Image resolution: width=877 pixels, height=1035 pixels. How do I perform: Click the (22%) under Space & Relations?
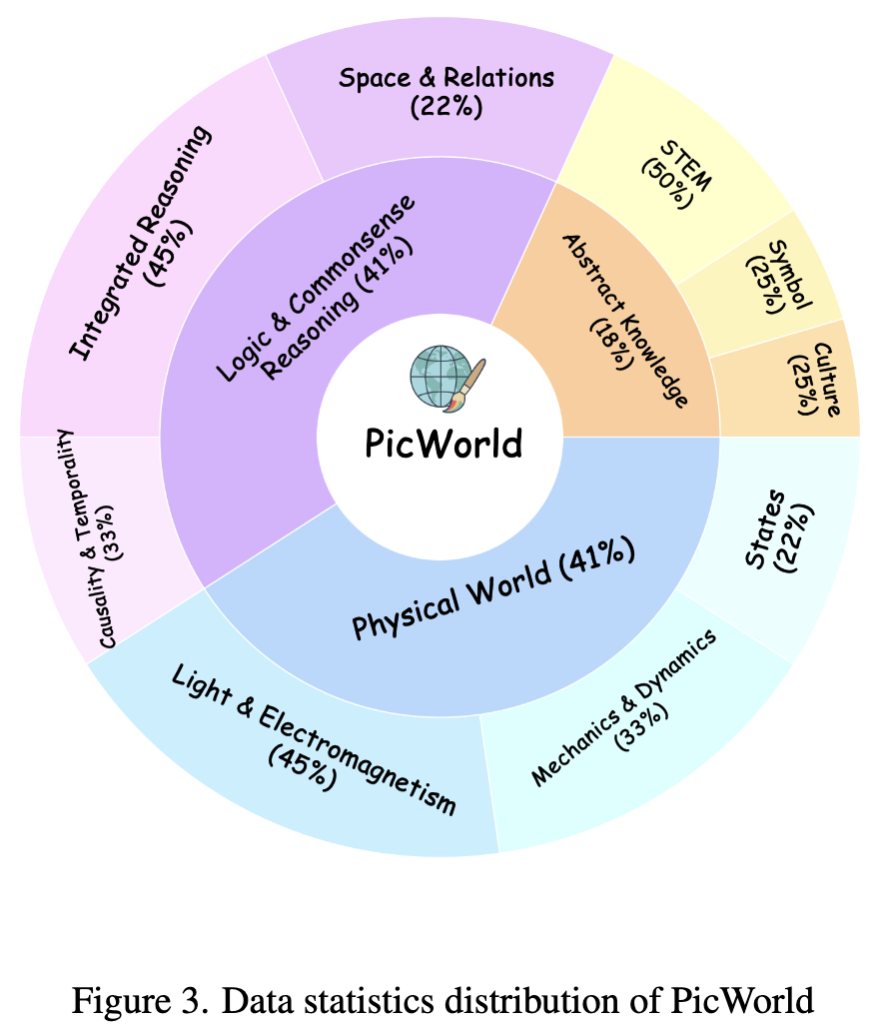(x=445, y=107)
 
